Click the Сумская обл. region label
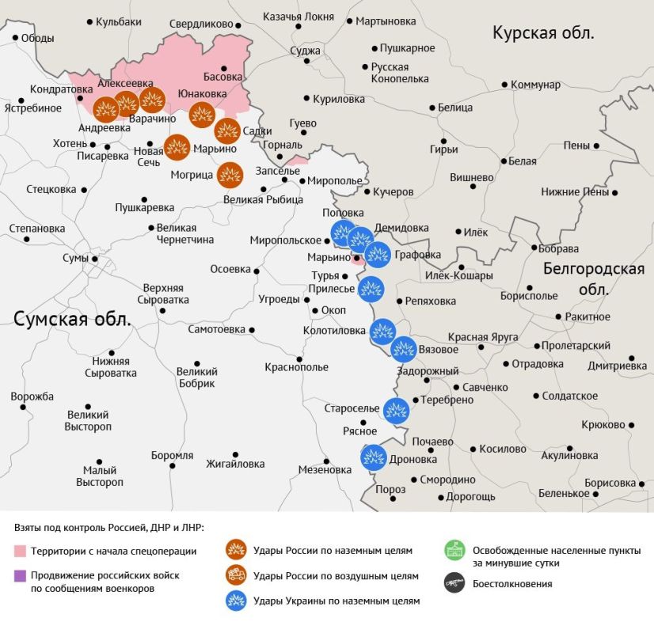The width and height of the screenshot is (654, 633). [x=72, y=318]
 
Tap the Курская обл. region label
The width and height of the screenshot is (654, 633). [x=543, y=32]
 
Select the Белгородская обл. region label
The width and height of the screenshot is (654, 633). [x=593, y=279]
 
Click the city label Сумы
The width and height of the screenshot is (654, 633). [x=76, y=259]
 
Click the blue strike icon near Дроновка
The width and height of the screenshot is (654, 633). [x=374, y=458]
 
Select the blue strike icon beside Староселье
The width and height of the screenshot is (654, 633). [x=396, y=411]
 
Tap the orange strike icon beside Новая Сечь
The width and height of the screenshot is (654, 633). [x=177, y=147]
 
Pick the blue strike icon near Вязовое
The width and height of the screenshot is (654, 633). [x=404, y=349]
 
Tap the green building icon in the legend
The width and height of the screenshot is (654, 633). [x=454, y=550]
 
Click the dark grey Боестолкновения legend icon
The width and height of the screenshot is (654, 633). [x=454, y=584]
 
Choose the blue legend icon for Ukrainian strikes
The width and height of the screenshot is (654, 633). [x=235, y=601]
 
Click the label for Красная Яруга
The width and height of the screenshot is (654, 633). [x=483, y=337]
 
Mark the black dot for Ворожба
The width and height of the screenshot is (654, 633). [x=24, y=407]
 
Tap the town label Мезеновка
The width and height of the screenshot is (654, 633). [x=325, y=469]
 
